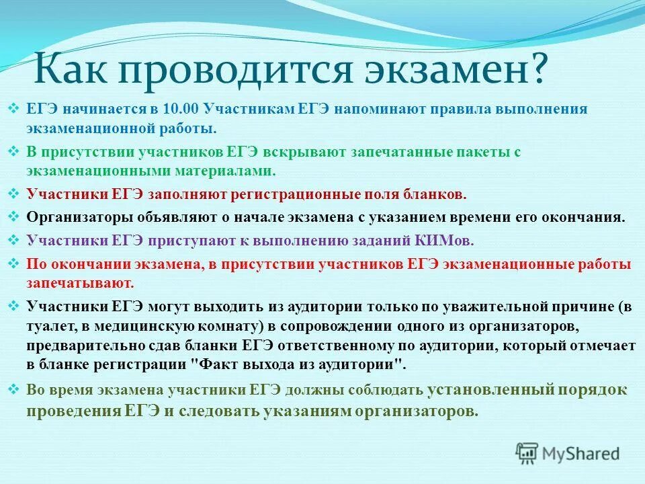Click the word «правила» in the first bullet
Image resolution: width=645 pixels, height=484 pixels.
click(467, 109)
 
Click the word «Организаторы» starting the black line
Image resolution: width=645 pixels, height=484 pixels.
click(73, 217)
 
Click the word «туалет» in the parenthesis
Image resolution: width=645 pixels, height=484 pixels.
click(48, 327)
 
